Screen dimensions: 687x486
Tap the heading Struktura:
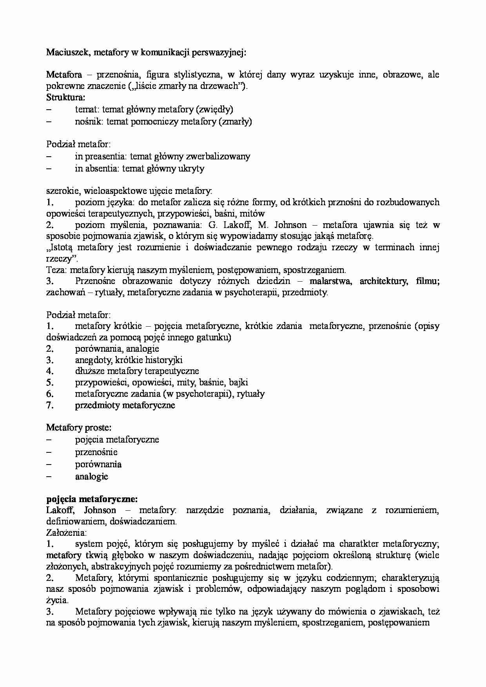(65, 97)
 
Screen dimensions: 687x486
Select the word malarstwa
(332, 281)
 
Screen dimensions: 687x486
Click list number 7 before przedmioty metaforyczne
(50, 405)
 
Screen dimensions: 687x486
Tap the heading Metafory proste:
(79, 428)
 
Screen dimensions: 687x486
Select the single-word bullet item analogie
(91, 476)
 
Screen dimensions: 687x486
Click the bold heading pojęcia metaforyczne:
(92, 499)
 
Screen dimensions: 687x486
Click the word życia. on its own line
(57, 600)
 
